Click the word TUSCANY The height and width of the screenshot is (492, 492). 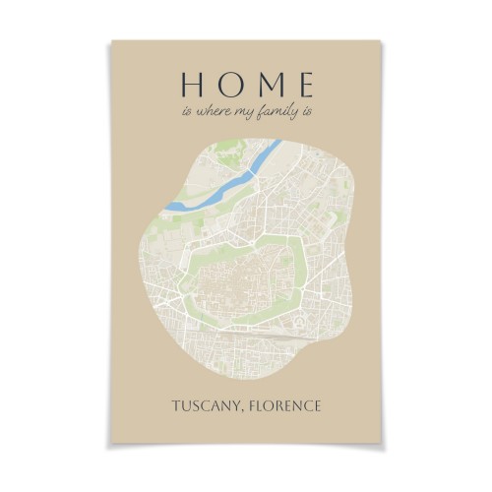208,405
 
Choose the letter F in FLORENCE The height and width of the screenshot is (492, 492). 256,405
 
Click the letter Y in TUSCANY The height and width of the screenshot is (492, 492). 239,405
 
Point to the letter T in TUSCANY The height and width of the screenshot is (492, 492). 176,405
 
